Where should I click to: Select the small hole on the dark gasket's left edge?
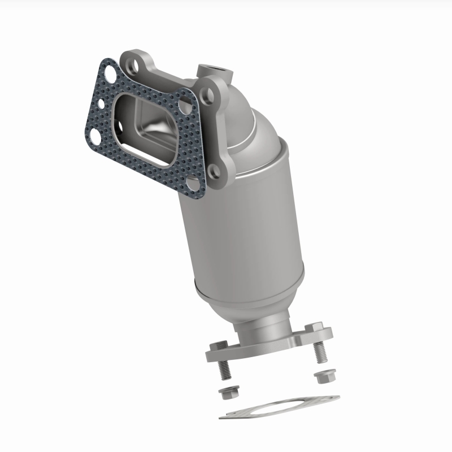coord(99,104)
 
